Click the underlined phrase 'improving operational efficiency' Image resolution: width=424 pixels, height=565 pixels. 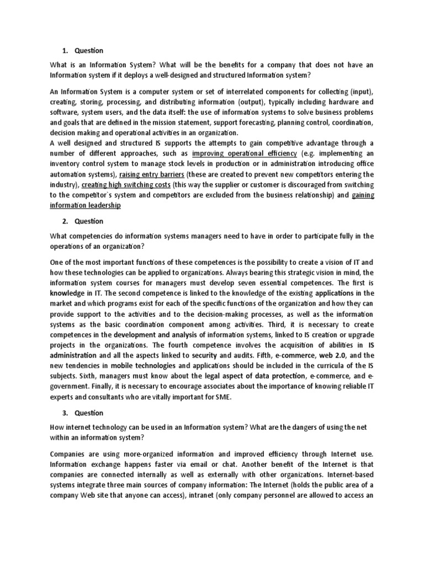244,153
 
